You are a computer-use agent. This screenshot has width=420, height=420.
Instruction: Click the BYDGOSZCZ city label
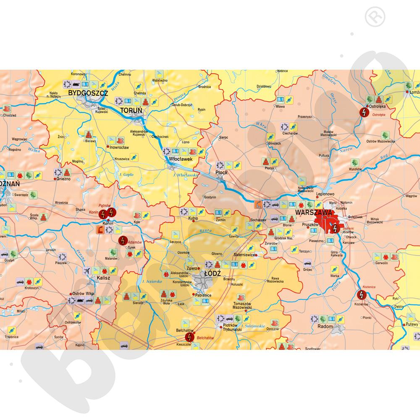click(88, 93)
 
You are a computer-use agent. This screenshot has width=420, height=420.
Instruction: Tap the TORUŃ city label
click(131, 110)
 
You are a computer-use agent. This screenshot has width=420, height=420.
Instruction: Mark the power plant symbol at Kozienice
click(361, 295)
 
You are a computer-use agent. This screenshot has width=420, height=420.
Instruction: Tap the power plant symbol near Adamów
click(122, 241)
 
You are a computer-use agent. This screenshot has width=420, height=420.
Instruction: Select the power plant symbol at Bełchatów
click(190, 337)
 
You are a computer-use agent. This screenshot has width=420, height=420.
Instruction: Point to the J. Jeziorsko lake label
click(152, 281)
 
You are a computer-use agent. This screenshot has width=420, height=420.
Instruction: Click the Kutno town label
click(193, 219)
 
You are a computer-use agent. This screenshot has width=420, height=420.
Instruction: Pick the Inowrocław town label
click(119, 147)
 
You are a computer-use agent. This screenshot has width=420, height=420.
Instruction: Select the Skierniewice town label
click(244, 255)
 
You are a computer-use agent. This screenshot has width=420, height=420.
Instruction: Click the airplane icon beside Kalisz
click(87, 270)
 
